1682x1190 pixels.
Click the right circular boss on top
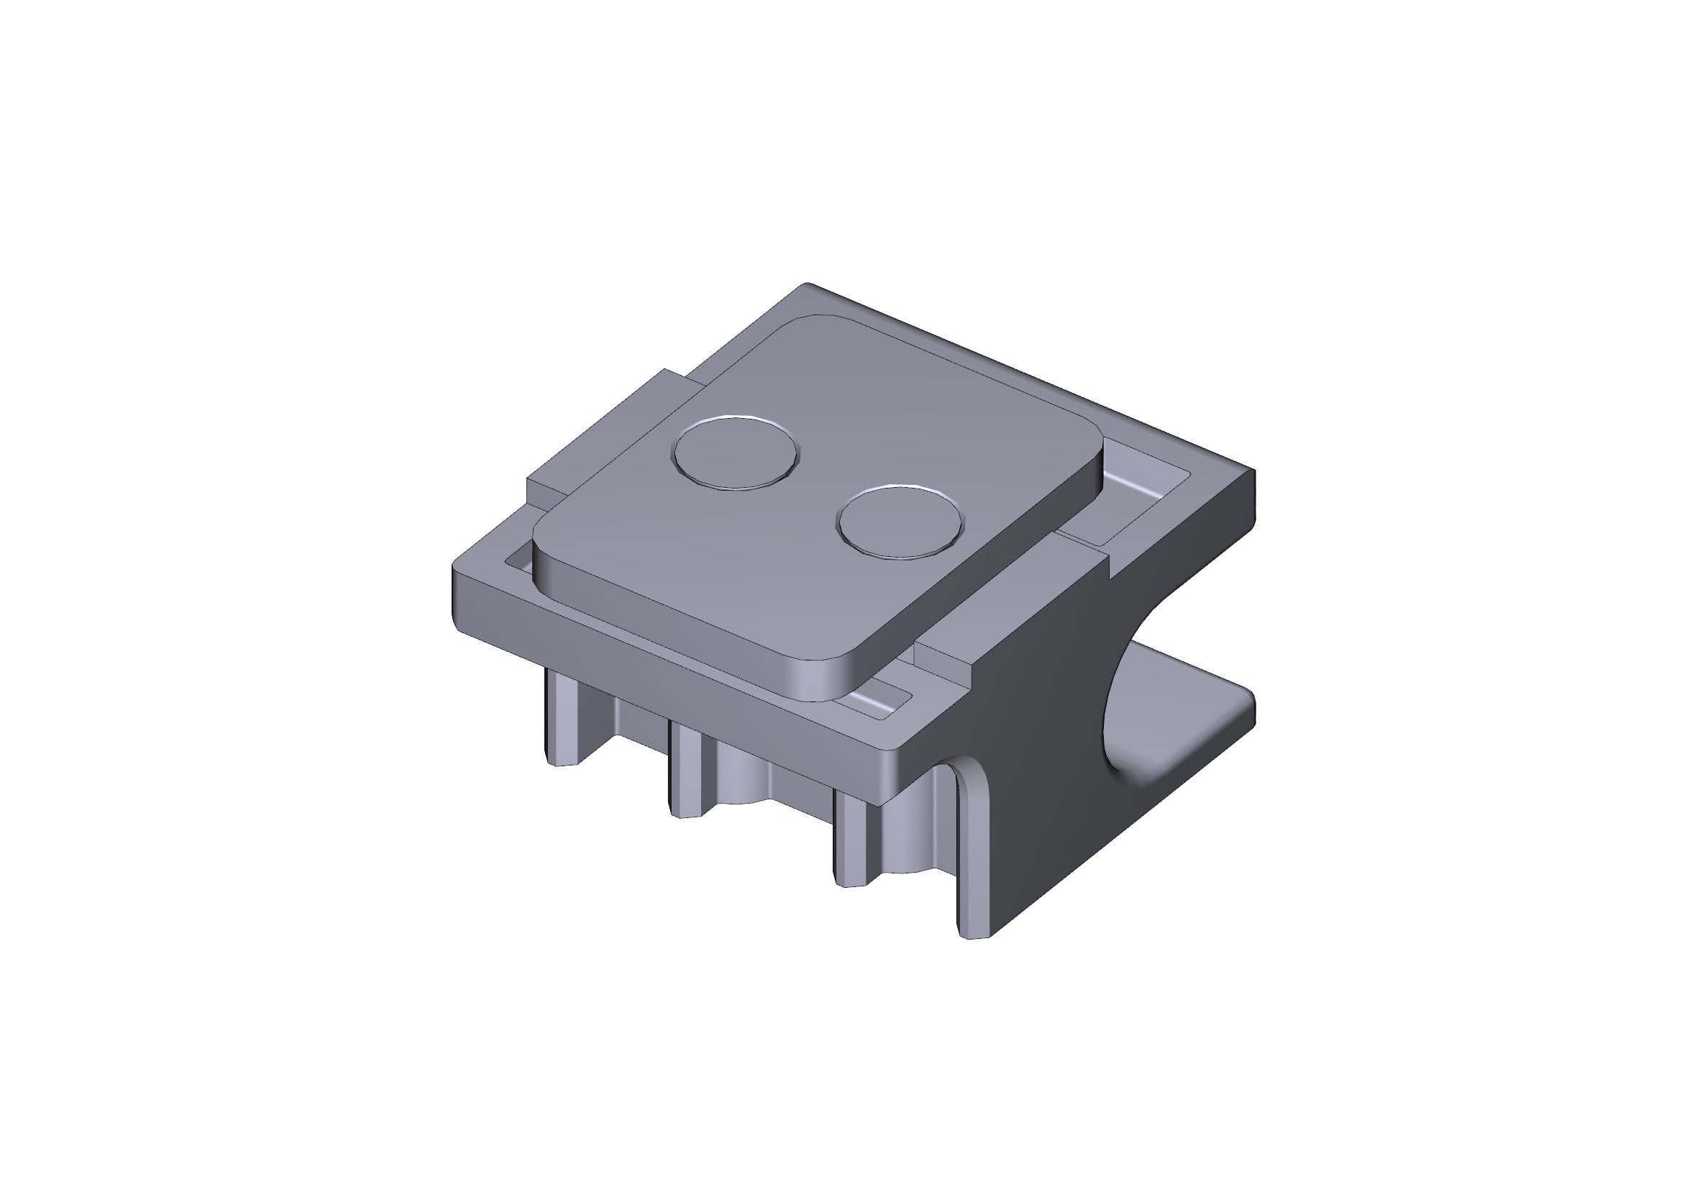pyautogui.click(x=900, y=522)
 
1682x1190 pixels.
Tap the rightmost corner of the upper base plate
pyautogui.click(x=1253, y=473)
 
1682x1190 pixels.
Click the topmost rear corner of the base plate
pyautogui.click(x=808, y=286)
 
